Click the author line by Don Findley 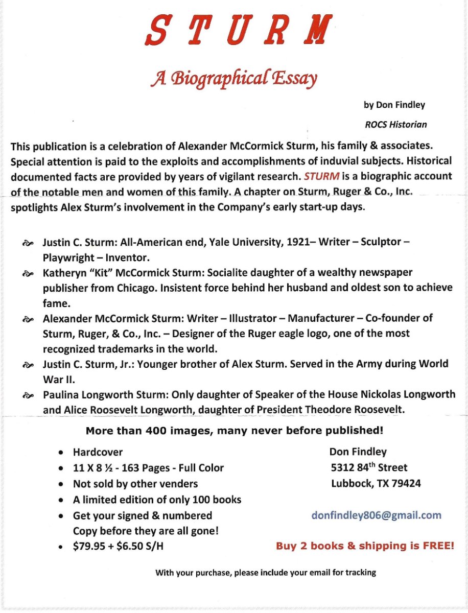tap(394, 105)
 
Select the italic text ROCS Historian tap(396, 124)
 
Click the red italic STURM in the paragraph tap(321, 176)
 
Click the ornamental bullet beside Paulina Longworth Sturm tap(28, 395)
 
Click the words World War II tap(423, 364)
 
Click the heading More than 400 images tap(234, 431)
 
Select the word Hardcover tap(98, 452)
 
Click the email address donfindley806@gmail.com tap(376, 515)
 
